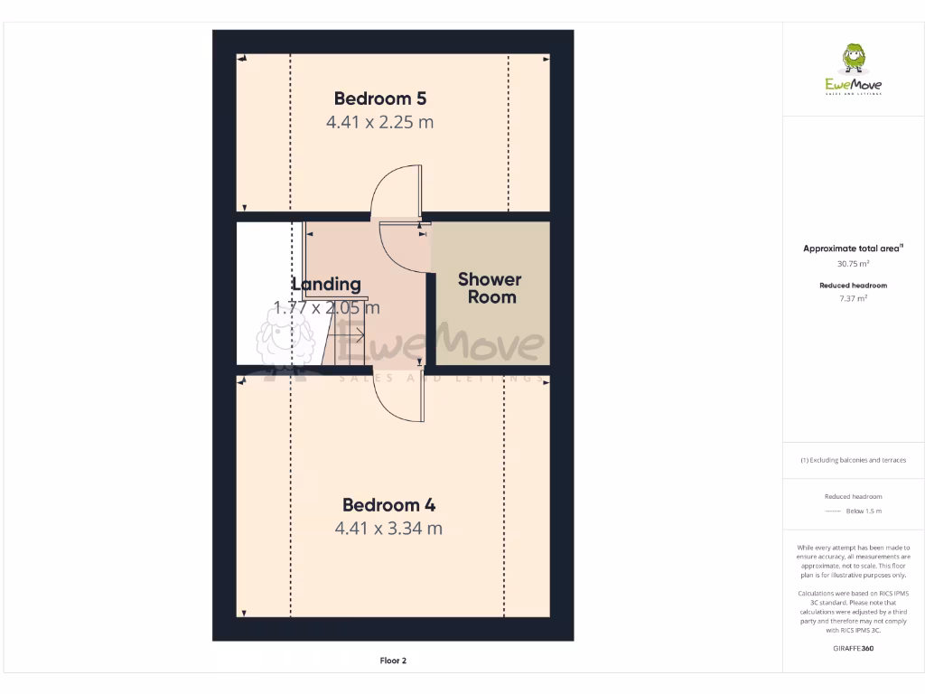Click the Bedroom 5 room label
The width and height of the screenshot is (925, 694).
pos(379,98)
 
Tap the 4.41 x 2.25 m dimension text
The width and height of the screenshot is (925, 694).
pos(379,122)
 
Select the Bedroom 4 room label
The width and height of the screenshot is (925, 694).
pos(388,505)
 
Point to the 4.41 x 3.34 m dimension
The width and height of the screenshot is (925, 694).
pos(388,529)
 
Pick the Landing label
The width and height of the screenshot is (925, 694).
pos(326,285)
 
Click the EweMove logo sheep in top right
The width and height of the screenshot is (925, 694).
pos(853,58)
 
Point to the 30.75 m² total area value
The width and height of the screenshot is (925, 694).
pos(853,264)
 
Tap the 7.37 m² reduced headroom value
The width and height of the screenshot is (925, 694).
pos(853,297)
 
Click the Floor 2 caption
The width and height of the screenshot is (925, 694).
pos(393,661)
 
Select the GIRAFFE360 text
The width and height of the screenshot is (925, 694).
pos(853,648)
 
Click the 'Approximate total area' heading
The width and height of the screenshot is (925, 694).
pos(853,249)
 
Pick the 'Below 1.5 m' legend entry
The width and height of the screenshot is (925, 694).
pos(863,511)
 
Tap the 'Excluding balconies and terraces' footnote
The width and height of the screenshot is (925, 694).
pos(853,460)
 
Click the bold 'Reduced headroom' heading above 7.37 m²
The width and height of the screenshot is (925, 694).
pos(853,286)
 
